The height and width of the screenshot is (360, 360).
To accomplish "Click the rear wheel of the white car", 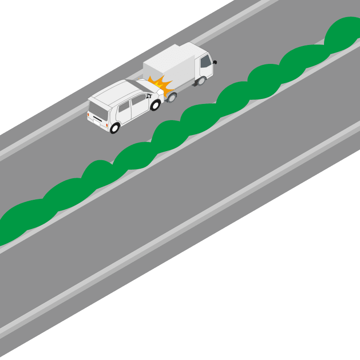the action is tap(115, 128).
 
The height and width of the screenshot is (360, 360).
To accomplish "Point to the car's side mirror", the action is tap(148, 96).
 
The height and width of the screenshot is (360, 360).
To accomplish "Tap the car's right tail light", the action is tap(106, 123).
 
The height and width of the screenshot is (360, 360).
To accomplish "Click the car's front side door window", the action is tap(138, 100).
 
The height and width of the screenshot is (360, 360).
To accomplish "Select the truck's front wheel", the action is tap(202, 81).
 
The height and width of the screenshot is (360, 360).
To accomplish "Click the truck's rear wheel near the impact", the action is tap(172, 97).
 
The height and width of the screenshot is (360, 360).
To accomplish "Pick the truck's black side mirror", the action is tap(215, 62).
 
